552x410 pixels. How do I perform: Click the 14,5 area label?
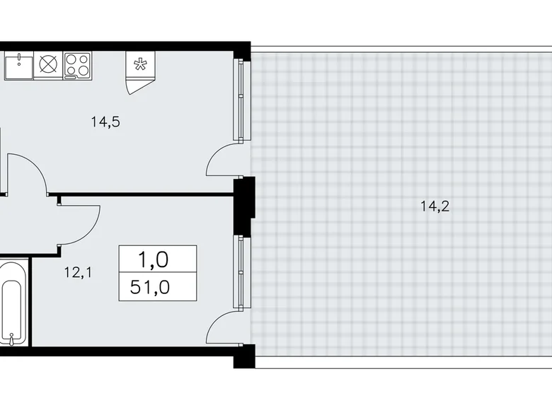coord(105,122)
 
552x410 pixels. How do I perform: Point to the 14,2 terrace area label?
coord(435,207)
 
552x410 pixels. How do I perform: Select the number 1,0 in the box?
coord(157,259)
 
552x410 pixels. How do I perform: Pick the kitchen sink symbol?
coord(17,65)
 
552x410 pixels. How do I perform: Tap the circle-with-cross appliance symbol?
coord(47,65)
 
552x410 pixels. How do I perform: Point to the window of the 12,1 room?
coord(242,271)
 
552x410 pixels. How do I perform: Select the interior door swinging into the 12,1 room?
coord(78,223)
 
